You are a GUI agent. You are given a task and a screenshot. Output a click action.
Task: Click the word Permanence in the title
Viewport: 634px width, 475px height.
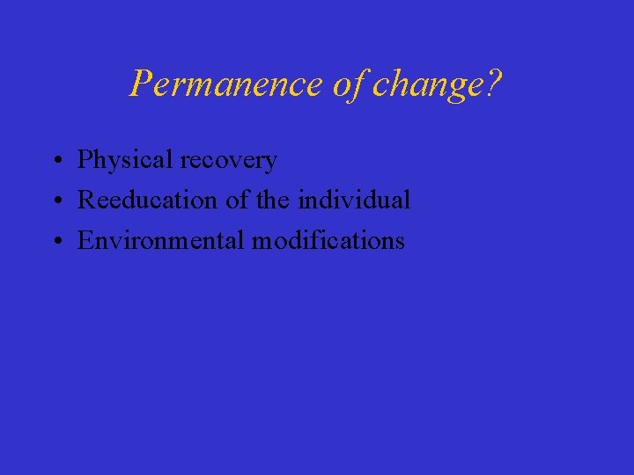227,84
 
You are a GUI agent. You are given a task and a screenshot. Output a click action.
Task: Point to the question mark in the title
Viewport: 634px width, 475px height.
494,84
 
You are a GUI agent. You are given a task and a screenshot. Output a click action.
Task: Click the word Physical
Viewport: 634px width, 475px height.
126,160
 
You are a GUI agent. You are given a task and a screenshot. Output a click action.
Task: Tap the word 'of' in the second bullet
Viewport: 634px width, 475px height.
238,200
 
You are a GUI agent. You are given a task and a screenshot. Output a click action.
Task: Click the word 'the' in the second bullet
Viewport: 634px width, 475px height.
274,200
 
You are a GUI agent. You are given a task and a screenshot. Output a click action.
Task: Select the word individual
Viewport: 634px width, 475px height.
354,200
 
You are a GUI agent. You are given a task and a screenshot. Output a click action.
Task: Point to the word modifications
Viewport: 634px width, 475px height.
328,240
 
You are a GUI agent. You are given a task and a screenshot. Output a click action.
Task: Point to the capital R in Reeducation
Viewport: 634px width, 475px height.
86,200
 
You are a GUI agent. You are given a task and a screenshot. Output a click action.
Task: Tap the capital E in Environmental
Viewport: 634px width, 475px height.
85,240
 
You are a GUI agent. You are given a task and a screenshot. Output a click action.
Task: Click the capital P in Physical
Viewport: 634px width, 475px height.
85,160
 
